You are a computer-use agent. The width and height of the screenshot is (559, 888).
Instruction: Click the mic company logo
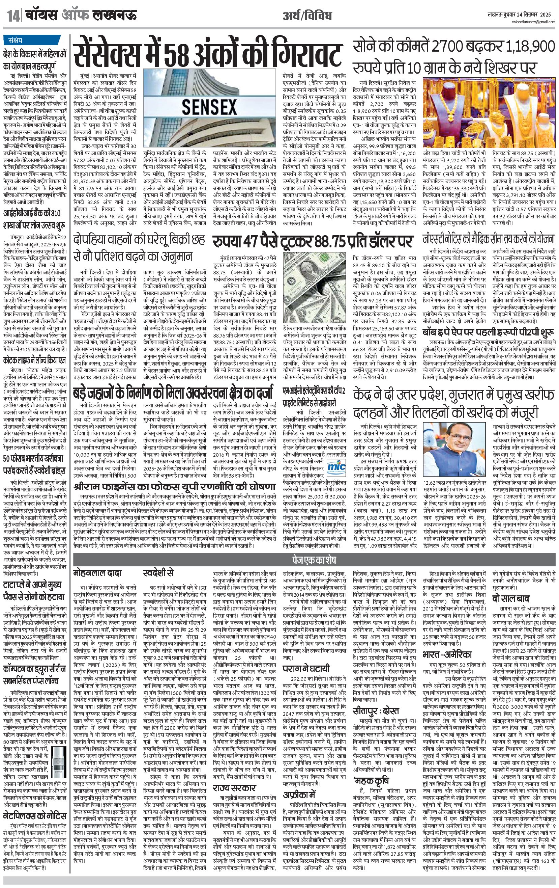(336, 466)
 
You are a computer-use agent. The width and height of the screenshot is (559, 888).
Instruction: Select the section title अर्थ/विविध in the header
(307, 16)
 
